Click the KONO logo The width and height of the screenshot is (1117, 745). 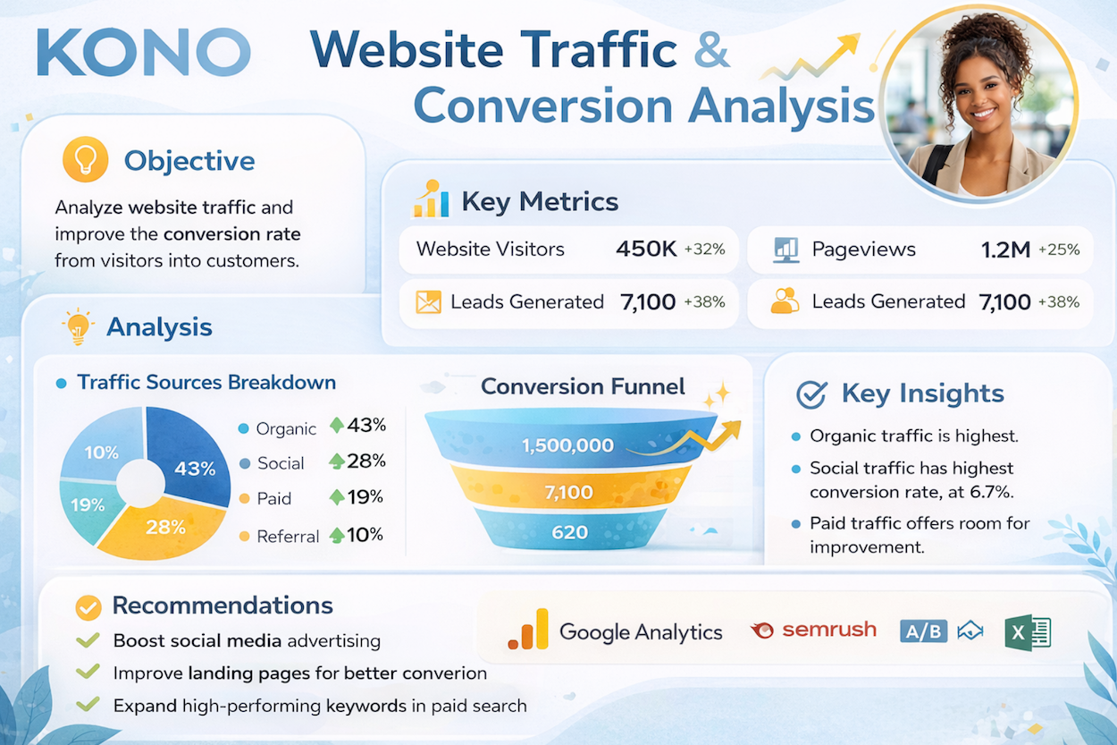pos(144,53)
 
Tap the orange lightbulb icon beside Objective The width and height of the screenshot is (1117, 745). pos(85,159)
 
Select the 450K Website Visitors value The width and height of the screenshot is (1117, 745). pos(646,249)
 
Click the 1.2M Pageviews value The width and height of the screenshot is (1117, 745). pos(1005,250)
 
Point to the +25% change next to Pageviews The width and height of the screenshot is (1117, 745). pos(1059,249)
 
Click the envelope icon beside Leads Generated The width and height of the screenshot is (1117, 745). pos(428,302)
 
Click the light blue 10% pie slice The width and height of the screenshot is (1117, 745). pos(102,446)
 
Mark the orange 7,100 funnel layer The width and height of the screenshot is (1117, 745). pos(569,492)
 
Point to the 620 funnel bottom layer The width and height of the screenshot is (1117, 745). pos(569,530)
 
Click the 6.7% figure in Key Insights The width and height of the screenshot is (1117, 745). pos(991,493)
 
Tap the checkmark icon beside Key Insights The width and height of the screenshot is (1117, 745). pos(811,394)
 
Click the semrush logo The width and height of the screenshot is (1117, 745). pos(813,631)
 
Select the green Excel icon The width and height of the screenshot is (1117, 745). pos(1028,632)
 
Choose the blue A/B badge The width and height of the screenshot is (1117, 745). pos(923,631)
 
